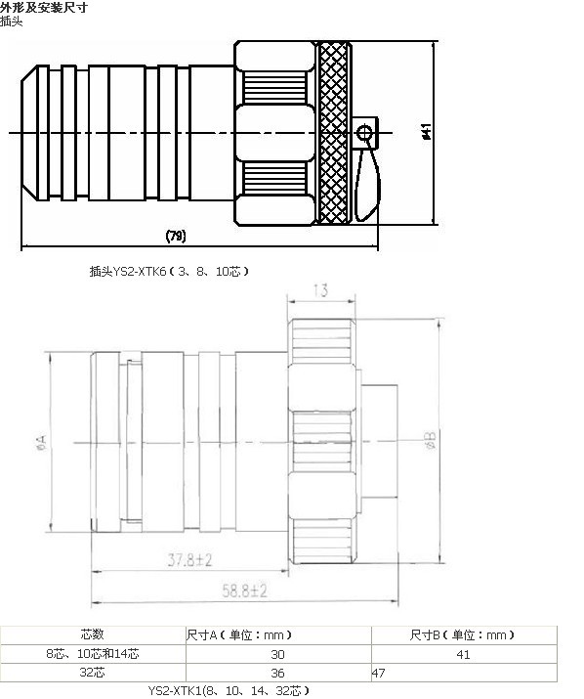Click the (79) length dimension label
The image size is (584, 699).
pyautogui.click(x=176, y=236)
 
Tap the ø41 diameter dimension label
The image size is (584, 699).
pyautogui.click(x=427, y=132)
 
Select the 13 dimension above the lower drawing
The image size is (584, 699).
pyautogui.click(x=320, y=290)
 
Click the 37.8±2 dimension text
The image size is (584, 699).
pyautogui.click(x=189, y=559)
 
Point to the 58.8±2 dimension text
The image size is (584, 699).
pyautogui.click(x=244, y=590)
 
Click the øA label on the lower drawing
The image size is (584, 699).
pyautogui.click(x=41, y=441)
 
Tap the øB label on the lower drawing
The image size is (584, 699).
pyautogui.click(x=431, y=440)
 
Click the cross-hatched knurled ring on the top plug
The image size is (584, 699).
pyautogui.click(x=333, y=132)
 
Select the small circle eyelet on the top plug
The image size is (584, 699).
pyautogui.click(x=364, y=133)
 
